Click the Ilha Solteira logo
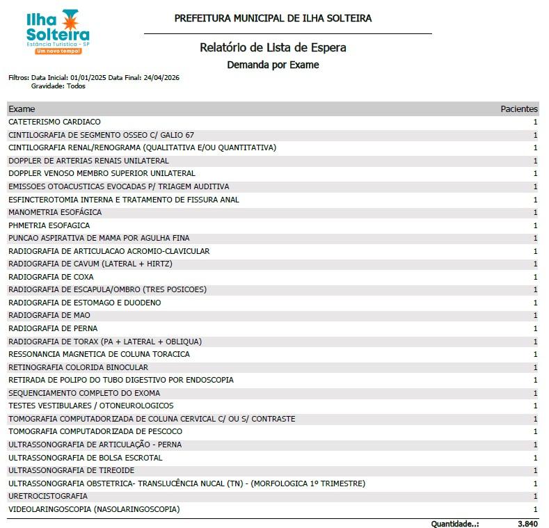(x=57, y=31)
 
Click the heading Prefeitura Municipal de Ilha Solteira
(x=273, y=18)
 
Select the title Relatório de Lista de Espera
(x=273, y=48)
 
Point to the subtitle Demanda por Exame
(x=273, y=65)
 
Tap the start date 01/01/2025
(x=88, y=78)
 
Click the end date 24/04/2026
(x=161, y=78)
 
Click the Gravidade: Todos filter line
(x=58, y=86)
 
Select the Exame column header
(x=22, y=109)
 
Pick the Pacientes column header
(x=519, y=109)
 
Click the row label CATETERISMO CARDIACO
(x=54, y=122)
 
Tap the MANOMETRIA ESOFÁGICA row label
(x=55, y=212)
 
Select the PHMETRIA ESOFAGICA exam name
(x=49, y=225)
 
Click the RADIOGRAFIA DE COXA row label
(x=51, y=277)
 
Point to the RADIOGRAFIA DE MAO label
(x=49, y=315)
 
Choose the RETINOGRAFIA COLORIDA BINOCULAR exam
(x=78, y=367)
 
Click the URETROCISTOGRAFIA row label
(x=48, y=496)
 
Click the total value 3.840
(x=527, y=522)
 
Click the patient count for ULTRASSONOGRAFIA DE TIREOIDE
(x=535, y=470)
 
